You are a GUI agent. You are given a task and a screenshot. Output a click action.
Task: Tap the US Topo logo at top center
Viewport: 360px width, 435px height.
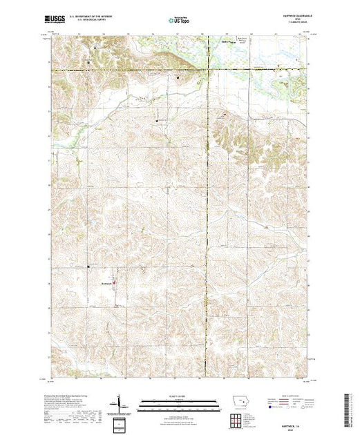tap(180, 21)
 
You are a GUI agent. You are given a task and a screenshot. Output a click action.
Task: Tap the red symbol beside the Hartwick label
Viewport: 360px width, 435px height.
tap(113, 282)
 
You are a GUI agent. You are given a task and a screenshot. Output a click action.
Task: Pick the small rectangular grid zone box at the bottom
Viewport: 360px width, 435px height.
tap(122, 423)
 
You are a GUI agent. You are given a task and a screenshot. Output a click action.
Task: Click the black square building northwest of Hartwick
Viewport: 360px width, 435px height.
tap(88, 267)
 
